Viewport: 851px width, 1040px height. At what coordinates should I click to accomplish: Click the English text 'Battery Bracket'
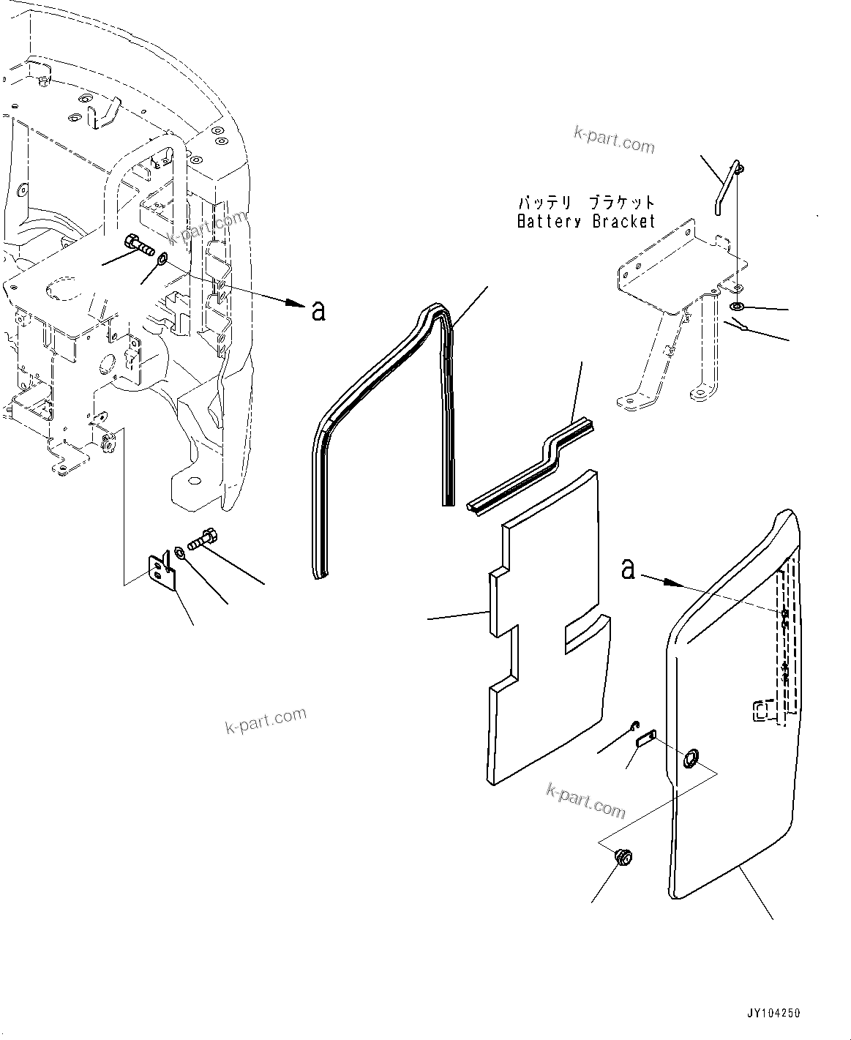click(585, 221)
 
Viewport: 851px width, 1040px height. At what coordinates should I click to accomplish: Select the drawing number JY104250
click(773, 1014)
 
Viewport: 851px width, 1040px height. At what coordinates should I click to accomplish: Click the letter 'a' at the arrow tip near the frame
click(318, 310)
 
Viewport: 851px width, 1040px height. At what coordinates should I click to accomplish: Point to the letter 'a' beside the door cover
click(627, 569)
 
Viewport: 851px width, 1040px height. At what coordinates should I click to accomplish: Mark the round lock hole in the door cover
click(689, 760)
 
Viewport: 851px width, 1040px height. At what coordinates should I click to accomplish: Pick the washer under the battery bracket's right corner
click(738, 305)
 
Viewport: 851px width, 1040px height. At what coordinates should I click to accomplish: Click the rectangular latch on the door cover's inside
click(762, 711)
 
